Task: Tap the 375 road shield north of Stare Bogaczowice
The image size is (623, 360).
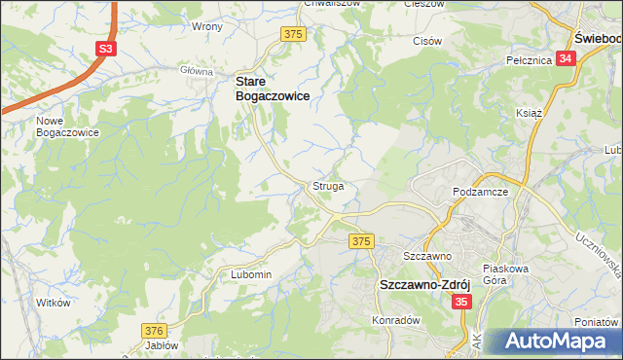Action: click(294, 34)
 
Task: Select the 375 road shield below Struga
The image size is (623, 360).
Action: click(362, 240)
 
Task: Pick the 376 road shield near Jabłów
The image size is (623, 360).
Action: click(154, 331)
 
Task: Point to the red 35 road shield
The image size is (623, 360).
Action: click(462, 303)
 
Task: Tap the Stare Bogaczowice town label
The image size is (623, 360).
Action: click(272, 90)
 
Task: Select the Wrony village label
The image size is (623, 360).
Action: click(208, 26)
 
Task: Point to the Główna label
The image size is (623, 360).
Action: click(196, 71)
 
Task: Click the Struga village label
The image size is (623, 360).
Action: click(327, 185)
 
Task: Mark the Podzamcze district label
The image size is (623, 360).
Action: click(482, 193)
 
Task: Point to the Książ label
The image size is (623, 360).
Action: click(529, 113)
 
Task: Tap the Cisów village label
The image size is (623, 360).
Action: click(428, 42)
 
